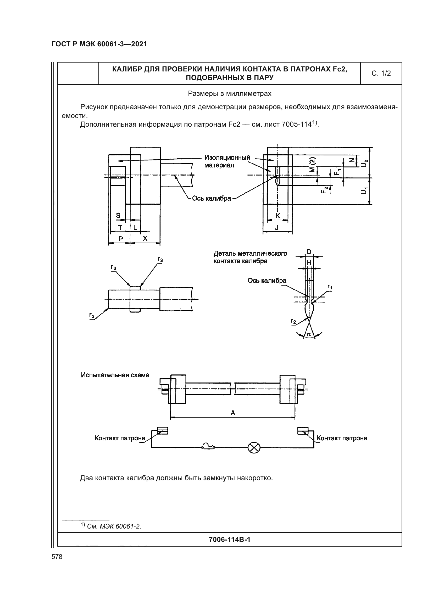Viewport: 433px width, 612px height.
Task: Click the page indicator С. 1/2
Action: coord(381,73)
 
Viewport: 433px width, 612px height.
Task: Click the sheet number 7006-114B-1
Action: coord(230,540)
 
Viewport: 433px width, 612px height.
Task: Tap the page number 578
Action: coord(57,557)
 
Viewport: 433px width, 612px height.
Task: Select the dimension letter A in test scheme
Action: coord(233,413)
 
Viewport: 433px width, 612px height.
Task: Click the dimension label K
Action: coord(277,216)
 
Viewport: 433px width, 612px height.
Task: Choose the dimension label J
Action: coord(277,228)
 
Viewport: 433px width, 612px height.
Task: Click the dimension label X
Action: coord(145,239)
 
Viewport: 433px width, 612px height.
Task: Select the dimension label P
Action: coord(121,239)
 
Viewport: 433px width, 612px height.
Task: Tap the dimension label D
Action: coord(309,252)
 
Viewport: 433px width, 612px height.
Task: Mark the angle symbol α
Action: coord(309,334)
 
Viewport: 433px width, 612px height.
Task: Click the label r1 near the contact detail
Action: coord(330,287)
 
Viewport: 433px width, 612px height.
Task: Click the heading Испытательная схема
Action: coord(115,375)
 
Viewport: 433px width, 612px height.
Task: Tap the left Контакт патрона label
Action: coord(120,438)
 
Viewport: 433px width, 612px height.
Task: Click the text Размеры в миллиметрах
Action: coord(230,94)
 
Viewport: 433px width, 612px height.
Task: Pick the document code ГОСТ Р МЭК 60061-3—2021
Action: coord(99,44)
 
